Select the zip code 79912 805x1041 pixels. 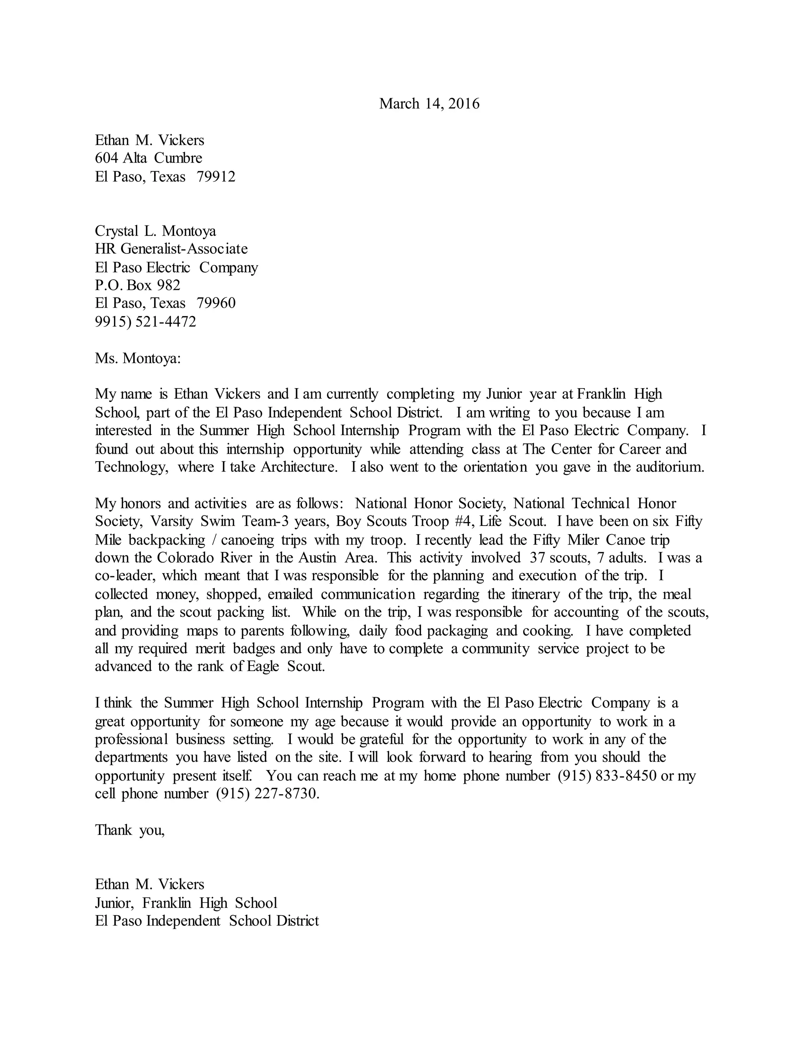click(216, 177)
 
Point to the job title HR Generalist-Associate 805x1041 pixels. click(171, 249)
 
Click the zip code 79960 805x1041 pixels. click(216, 303)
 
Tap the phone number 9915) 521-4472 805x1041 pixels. click(145, 322)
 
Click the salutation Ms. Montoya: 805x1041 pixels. click(138, 358)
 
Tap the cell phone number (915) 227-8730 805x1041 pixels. click(266, 794)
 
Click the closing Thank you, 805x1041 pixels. click(130, 830)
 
